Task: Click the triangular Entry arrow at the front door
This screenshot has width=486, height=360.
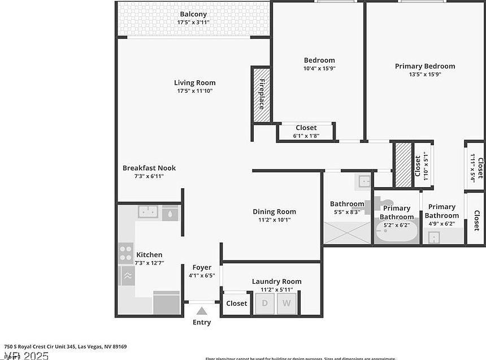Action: [x=202, y=310]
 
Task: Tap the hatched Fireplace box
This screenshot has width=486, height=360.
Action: [x=261, y=94]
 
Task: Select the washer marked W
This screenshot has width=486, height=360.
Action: [x=287, y=303]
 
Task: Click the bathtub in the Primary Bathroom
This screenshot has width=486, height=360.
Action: [x=397, y=232]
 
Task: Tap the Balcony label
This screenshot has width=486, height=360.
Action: [x=193, y=14]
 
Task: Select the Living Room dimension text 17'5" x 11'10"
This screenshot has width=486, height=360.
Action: [x=194, y=90]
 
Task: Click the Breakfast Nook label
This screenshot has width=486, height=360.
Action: [x=149, y=168]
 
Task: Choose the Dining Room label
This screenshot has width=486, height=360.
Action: [x=274, y=212]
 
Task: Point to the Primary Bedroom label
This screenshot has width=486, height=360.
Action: [x=424, y=66]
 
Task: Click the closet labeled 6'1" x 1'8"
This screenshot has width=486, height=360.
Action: [x=306, y=132]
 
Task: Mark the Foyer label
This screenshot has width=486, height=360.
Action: [x=202, y=267]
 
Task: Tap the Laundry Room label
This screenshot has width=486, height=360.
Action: [x=276, y=281]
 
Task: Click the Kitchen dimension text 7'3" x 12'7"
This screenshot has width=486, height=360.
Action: [x=149, y=263]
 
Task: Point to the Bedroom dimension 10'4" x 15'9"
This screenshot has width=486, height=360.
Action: [x=319, y=68]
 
